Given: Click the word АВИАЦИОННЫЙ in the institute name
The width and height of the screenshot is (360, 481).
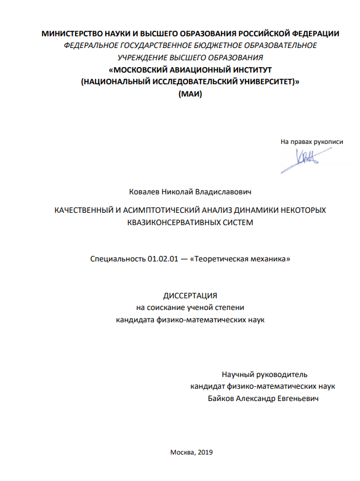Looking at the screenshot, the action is (194, 70).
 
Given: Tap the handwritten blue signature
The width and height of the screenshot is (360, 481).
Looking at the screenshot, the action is (305, 158).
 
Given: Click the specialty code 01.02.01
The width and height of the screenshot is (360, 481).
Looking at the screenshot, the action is (161, 260).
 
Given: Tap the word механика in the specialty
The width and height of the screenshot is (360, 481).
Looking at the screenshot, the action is (267, 260).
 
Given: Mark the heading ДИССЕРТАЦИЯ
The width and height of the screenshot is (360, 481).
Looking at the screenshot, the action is (190, 296).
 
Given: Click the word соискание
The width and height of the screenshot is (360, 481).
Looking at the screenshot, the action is (170, 308).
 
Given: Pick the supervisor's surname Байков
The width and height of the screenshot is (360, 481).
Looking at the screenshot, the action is (223, 398).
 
